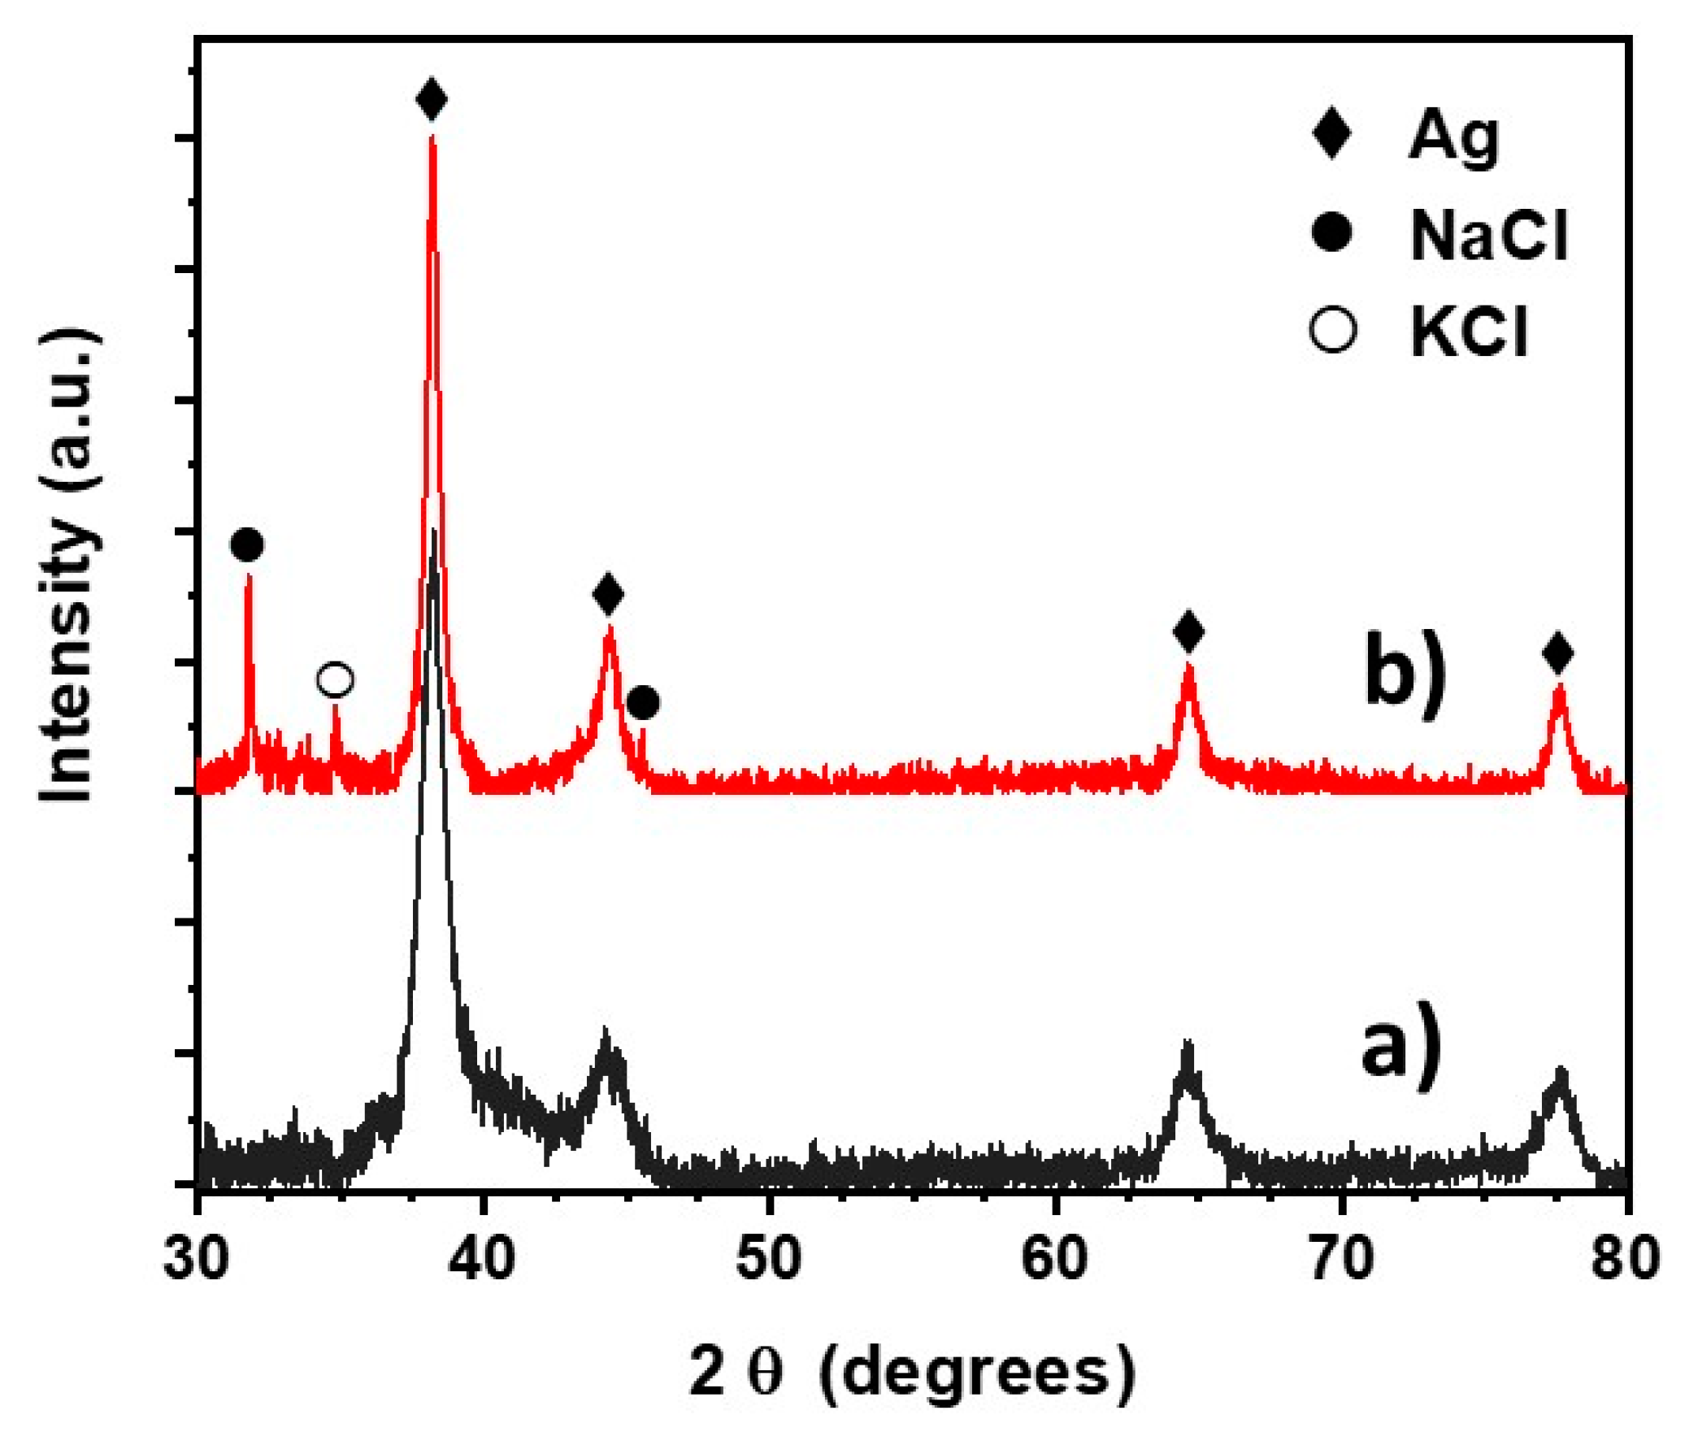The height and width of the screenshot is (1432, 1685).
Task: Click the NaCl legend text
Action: click(x=1488, y=236)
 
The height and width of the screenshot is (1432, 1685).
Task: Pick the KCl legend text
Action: click(x=1469, y=332)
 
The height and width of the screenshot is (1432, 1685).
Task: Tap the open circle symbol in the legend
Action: click(x=1333, y=331)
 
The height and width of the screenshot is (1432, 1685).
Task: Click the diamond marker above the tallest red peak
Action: click(x=432, y=99)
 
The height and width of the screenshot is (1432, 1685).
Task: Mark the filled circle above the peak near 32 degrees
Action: click(x=247, y=545)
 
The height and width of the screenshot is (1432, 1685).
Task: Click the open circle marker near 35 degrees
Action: click(x=335, y=679)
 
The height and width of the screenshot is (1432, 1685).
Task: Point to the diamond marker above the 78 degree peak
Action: click(x=1558, y=653)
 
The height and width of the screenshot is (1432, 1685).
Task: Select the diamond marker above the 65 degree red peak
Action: click(x=1188, y=631)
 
